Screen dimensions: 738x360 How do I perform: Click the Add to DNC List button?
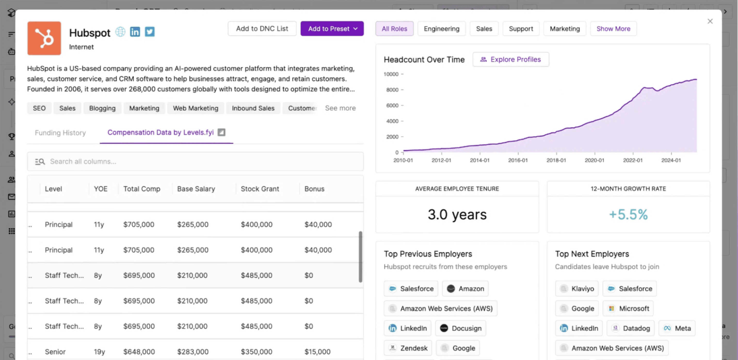coord(262,29)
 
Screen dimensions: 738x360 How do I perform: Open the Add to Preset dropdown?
coord(332,29)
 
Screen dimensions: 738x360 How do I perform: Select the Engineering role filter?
coord(441,29)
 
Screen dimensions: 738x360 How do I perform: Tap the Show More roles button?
coord(613,29)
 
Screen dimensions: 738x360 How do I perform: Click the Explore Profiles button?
coord(511,59)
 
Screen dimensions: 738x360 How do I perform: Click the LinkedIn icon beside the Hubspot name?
coord(135,32)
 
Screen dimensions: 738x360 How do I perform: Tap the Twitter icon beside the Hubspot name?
coord(150,32)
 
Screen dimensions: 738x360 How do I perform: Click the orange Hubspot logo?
coord(44,38)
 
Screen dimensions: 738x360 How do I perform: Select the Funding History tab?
coord(60,133)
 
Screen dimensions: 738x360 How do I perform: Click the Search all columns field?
coord(195,161)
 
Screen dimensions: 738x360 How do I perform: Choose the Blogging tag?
coord(102,108)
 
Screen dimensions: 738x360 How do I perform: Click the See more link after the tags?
coord(340,108)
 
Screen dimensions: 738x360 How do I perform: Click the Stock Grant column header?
coord(260,189)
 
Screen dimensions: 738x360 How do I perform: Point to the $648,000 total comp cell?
coord(139,352)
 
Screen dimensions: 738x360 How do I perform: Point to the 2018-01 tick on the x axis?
coord(556,160)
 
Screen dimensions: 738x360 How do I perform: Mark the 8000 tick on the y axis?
coord(392,90)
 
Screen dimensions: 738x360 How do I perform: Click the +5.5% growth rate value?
coord(628,214)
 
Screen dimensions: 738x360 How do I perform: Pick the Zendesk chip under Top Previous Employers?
coord(408,348)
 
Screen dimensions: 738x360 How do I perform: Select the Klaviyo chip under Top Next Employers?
coord(577,289)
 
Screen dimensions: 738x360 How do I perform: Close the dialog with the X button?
coord(710,21)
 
